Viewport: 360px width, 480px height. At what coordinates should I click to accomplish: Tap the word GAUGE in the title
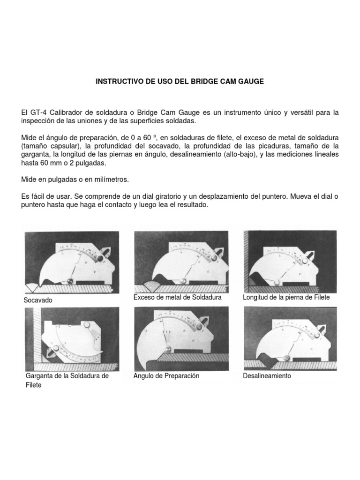click(x=251, y=82)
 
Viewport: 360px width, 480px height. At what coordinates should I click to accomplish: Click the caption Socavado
click(x=38, y=300)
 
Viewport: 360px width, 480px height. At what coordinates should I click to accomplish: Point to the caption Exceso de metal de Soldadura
click(x=177, y=298)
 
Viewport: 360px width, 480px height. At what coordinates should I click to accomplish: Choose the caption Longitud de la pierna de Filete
click(x=286, y=298)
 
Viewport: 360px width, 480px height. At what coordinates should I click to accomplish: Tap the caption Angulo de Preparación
click(x=166, y=376)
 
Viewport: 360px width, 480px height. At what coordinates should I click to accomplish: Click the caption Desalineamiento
click(x=267, y=376)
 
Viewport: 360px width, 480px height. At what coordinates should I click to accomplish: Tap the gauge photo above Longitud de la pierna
click(x=290, y=260)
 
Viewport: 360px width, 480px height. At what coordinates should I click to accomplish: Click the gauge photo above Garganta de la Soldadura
click(x=72, y=338)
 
